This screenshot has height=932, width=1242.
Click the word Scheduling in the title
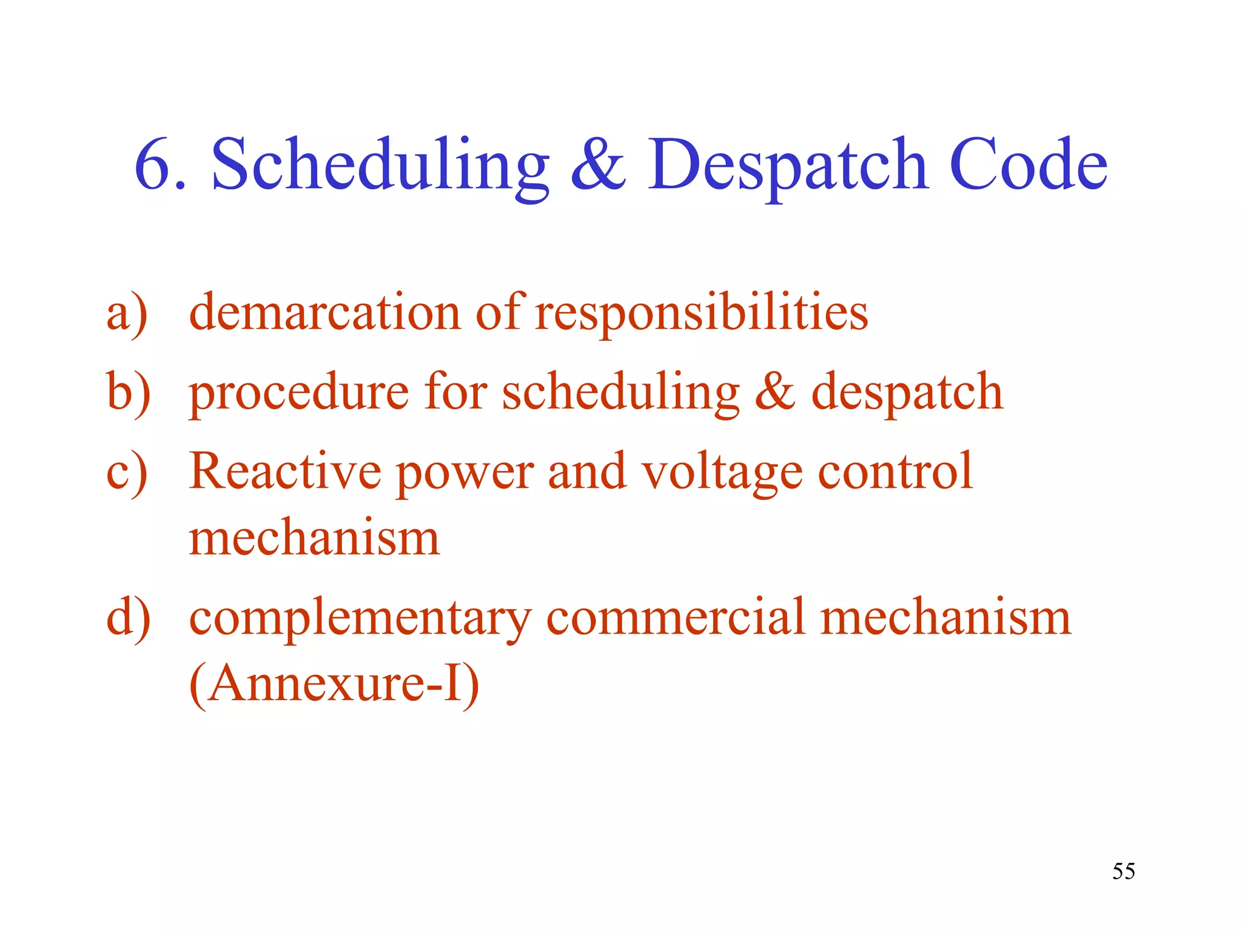click(x=380, y=165)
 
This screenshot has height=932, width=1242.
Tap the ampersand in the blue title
click(x=597, y=165)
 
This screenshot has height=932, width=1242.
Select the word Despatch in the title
click(x=788, y=165)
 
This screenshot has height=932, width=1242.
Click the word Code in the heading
click(x=1028, y=165)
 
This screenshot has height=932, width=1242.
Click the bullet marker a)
click(x=127, y=313)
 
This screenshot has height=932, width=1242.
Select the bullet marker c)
click(x=127, y=472)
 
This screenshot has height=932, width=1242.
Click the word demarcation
click(x=325, y=313)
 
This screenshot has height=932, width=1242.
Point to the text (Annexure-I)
click(x=334, y=684)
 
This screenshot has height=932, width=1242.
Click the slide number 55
click(x=1123, y=871)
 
